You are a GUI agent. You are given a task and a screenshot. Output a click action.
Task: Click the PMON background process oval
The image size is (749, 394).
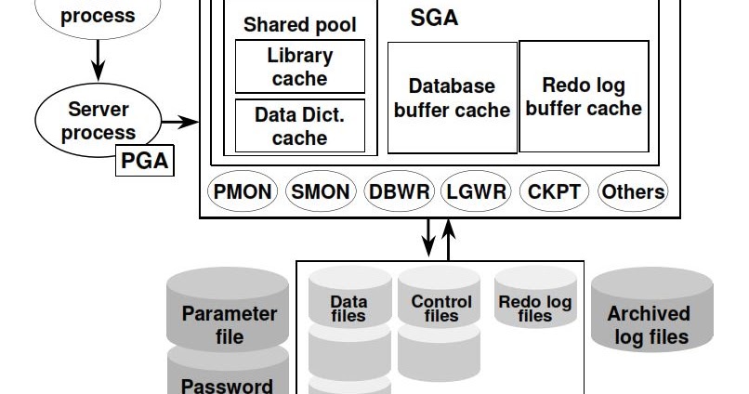coord(243,192)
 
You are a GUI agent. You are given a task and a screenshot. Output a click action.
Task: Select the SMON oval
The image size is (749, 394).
coord(321,192)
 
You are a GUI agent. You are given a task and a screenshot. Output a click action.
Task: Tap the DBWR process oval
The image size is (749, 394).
coord(400,192)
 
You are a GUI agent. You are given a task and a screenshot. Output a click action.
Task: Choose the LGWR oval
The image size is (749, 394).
coord(476,192)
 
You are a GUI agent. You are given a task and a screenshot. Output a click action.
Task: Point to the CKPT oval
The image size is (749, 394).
coord(554,192)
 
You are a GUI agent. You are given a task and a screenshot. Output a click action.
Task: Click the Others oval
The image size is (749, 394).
coord(633,192)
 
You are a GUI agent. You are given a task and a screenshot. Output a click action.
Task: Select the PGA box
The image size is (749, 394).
coord(145,161)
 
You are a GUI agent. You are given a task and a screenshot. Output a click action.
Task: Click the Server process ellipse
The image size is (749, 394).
coord(99,121)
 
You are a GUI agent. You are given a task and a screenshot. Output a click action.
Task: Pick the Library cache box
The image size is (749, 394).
coord(299,67)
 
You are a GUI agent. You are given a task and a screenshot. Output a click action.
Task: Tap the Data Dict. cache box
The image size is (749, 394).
coord(299,126)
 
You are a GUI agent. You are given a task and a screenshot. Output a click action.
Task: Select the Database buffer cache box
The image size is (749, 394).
coord(452,98)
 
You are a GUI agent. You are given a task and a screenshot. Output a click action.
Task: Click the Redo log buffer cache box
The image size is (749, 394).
coord(584,97)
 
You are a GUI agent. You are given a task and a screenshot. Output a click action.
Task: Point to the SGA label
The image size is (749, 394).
coord(434,18)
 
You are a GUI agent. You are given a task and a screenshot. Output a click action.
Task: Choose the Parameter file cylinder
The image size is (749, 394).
coord(229,315)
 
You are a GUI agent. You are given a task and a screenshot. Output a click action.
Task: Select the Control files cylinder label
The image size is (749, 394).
coord(441,309)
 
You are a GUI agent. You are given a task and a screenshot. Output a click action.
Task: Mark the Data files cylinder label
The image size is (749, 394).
coord(349,309)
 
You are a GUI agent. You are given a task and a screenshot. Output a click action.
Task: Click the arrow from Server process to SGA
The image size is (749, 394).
coord(181,122)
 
